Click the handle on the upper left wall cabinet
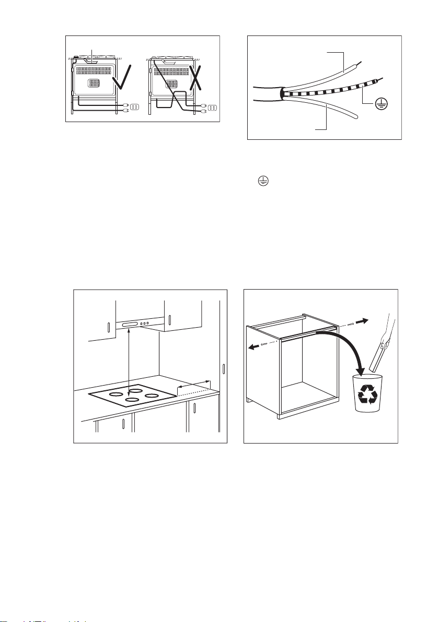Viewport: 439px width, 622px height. tap(108, 328)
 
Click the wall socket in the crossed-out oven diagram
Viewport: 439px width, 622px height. tap(212, 108)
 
